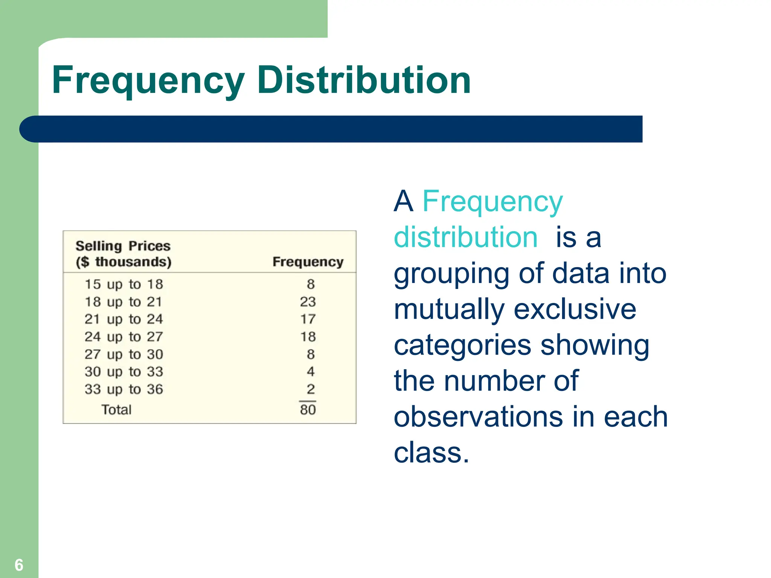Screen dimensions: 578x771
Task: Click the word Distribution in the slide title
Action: tap(364, 80)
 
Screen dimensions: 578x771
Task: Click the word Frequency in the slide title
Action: tap(148, 80)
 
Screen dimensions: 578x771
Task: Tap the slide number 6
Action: tap(19, 565)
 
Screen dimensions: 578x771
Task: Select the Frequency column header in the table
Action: tap(308, 262)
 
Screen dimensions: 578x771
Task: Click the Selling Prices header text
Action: tap(123, 246)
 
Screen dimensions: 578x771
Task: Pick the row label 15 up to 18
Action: tap(123, 284)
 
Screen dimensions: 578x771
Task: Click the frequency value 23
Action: tap(308, 301)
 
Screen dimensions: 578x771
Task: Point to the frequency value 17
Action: tap(308, 319)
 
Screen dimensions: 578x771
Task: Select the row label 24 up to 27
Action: tap(123, 336)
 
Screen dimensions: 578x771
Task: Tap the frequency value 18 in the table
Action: tap(308, 336)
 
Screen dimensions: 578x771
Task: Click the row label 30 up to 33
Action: tap(123, 371)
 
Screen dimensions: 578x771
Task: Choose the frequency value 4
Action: tap(310, 371)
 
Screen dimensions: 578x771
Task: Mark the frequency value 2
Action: tap(310, 389)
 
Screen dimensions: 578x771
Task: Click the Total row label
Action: tap(116, 409)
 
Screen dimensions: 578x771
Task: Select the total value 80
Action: tap(308, 409)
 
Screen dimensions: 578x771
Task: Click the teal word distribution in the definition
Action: tap(466, 237)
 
